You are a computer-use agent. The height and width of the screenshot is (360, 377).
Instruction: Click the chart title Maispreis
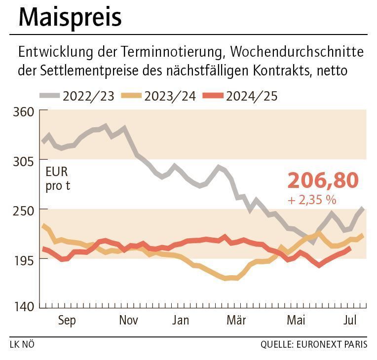(70, 17)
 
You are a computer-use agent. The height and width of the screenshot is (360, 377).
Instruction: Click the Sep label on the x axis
(67, 321)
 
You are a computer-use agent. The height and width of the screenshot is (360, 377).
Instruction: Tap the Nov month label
(128, 321)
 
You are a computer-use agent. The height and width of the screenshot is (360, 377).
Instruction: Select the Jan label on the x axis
(181, 321)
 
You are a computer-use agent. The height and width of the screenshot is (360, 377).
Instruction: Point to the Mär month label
(236, 321)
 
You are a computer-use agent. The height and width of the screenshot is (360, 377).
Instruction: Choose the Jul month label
(350, 321)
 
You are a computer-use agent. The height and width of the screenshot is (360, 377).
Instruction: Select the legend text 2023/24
(170, 96)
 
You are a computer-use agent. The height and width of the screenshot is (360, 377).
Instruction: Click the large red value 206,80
(323, 181)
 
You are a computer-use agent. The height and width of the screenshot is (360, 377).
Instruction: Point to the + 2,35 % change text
(311, 200)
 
